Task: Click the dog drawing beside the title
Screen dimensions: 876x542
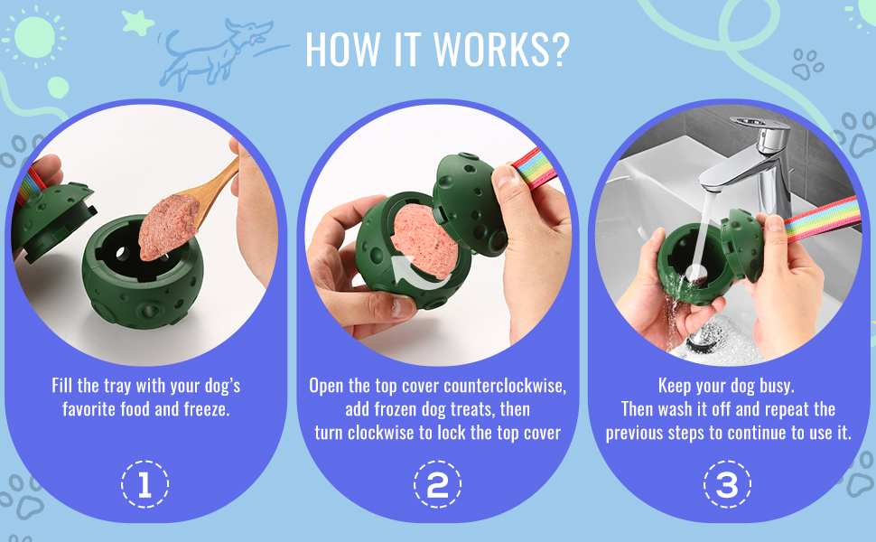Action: [x=217, y=53]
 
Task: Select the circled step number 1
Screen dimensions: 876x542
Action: [x=144, y=484]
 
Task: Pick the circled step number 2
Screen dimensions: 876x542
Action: [x=437, y=484]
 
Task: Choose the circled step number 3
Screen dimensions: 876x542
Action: [x=727, y=484]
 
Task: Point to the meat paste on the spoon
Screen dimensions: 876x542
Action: [x=168, y=227]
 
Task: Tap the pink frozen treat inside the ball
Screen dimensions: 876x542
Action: [x=424, y=240]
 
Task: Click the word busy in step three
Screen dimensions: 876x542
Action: [x=777, y=386]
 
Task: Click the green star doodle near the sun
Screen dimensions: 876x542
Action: [x=137, y=23]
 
